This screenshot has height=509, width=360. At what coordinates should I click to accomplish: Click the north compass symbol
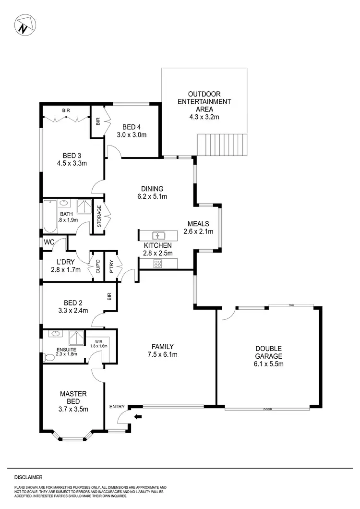(23, 25)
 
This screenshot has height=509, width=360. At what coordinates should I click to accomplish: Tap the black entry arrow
(138, 417)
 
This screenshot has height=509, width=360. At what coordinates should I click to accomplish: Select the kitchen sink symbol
(158, 235)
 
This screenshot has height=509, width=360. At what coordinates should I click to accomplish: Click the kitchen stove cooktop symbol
(157, 263)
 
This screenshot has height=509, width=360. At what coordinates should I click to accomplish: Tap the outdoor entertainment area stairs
(223, 145)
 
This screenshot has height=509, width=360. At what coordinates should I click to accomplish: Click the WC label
(49, 242)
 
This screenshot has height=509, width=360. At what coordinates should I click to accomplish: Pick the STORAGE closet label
(99, 217)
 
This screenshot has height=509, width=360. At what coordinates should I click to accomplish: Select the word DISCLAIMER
(28, 477)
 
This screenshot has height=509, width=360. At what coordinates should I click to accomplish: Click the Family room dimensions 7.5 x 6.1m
(162, 355)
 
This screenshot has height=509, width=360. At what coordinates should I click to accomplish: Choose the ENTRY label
(117, 407)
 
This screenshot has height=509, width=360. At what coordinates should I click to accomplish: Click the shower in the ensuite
(77, 336)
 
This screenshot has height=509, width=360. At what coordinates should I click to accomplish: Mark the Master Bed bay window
(72, 438)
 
